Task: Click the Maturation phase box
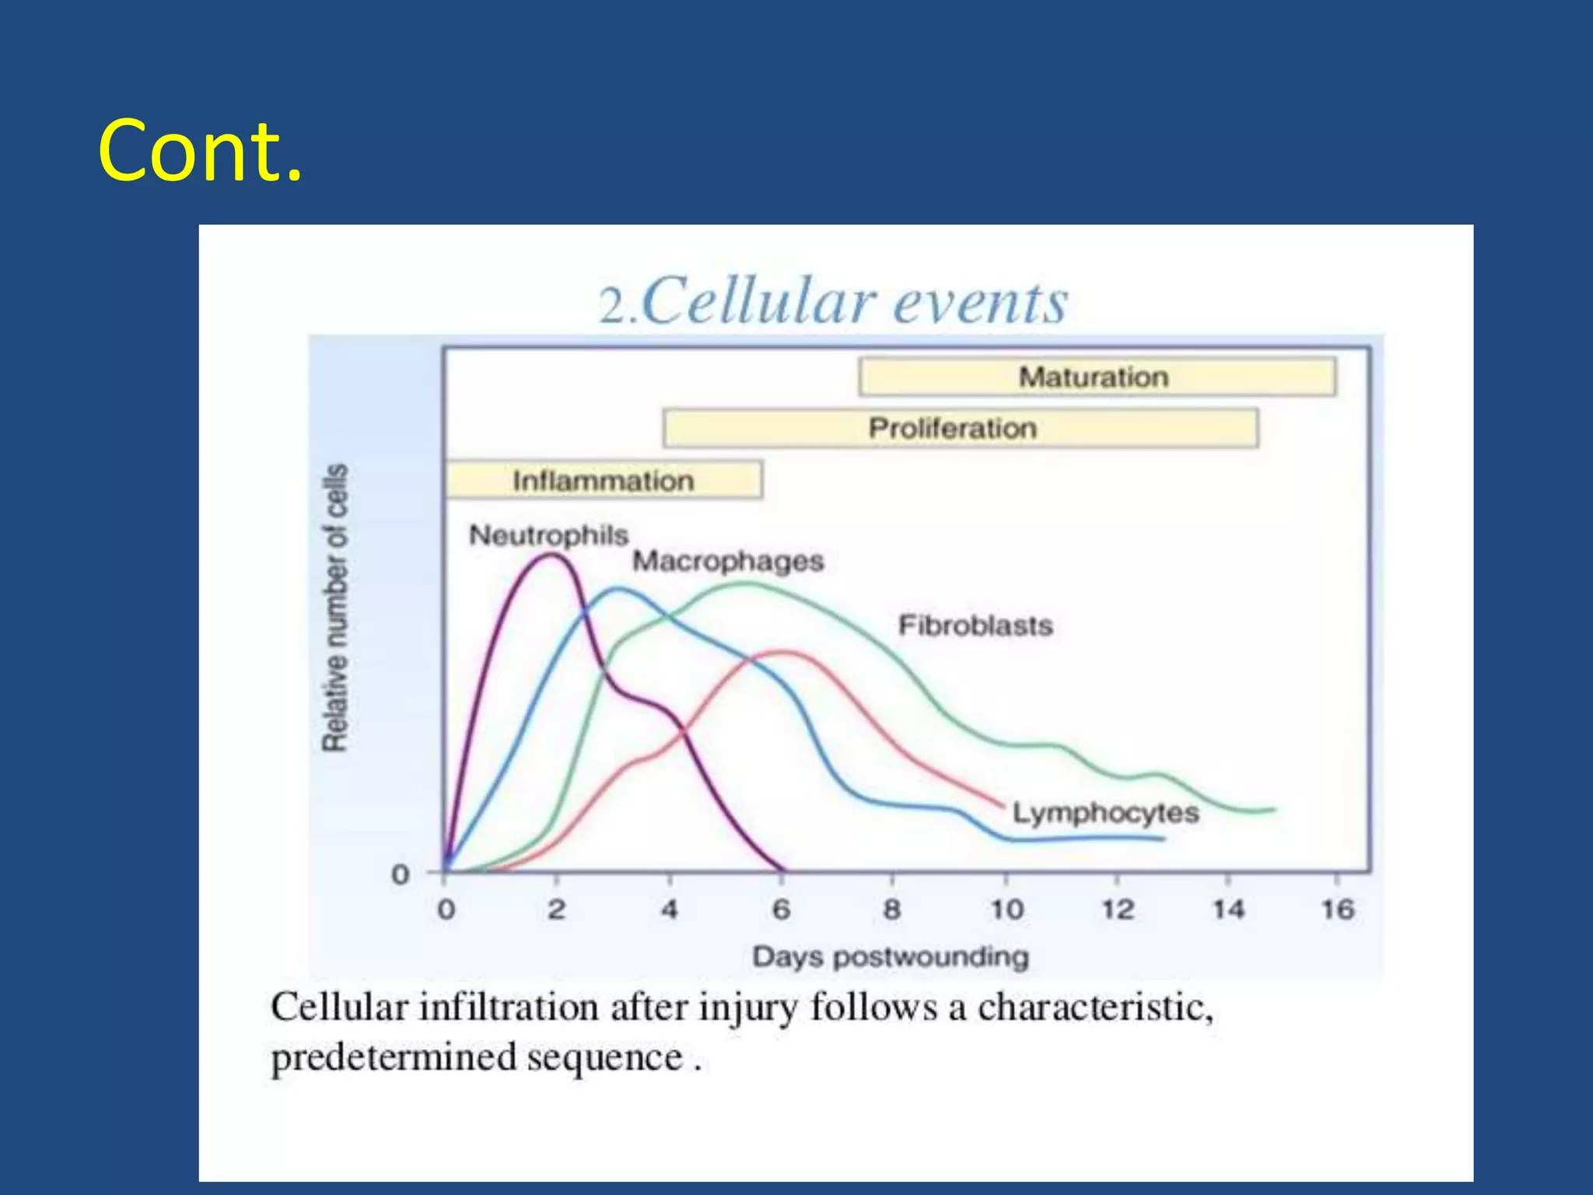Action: (1097, 377)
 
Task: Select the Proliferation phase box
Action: (960, 428)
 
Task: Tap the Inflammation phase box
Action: (603, 480)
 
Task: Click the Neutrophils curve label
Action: (548, 535)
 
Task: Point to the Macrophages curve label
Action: (727, 561)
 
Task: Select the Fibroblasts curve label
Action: (975, 626)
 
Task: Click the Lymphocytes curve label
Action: (1105, 813)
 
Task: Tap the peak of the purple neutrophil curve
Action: (552, 555)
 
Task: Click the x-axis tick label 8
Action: (892, 909)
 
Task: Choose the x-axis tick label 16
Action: (1338, 909)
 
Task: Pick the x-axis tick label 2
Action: (556, 909)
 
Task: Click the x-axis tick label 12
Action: (1118, 909)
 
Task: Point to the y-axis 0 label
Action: (400, 874)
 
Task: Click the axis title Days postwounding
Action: (891, 956)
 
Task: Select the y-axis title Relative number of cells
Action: (335, 608)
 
